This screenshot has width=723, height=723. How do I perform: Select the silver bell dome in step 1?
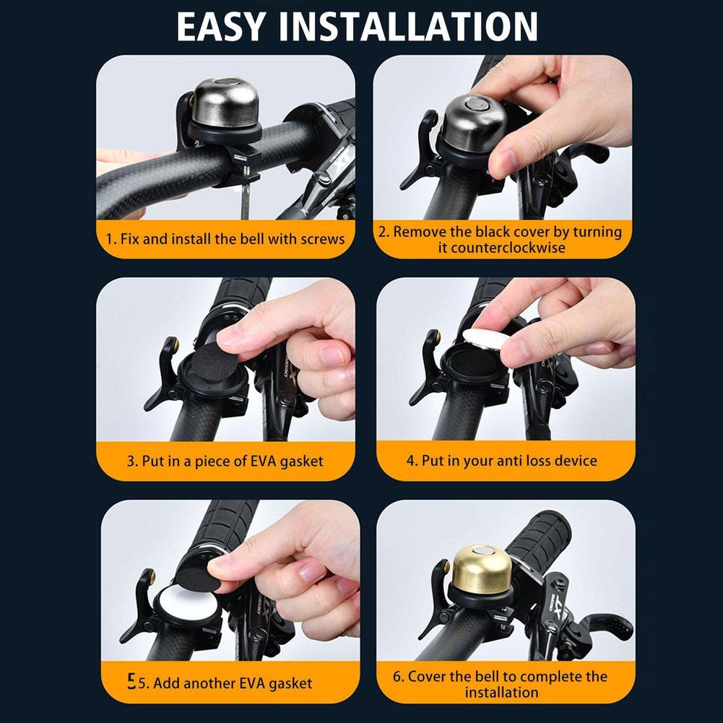click(224, 103)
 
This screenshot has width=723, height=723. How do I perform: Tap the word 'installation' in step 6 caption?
click(501, 692)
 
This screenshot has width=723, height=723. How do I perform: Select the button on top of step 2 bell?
click(475, 105)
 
